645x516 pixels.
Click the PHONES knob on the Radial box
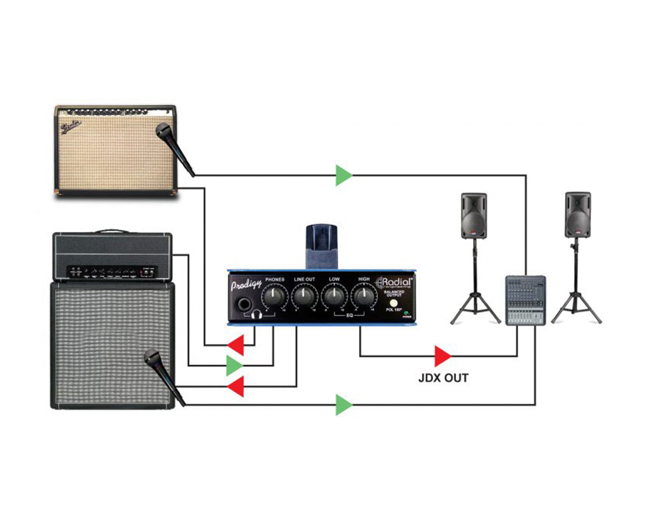(274, 296)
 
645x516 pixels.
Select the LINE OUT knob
(304, 296)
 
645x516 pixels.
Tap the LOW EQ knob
(334, 296)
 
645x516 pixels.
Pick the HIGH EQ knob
(364, 296)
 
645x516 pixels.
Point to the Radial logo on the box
(394, 283)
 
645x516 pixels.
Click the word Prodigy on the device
(246, 285)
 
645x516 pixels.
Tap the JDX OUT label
(443, 378)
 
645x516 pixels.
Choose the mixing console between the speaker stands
(525, 300)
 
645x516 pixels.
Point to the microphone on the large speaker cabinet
(163, 375)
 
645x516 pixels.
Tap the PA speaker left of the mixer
(474, 216)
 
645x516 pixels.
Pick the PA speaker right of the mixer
(577, 215)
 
